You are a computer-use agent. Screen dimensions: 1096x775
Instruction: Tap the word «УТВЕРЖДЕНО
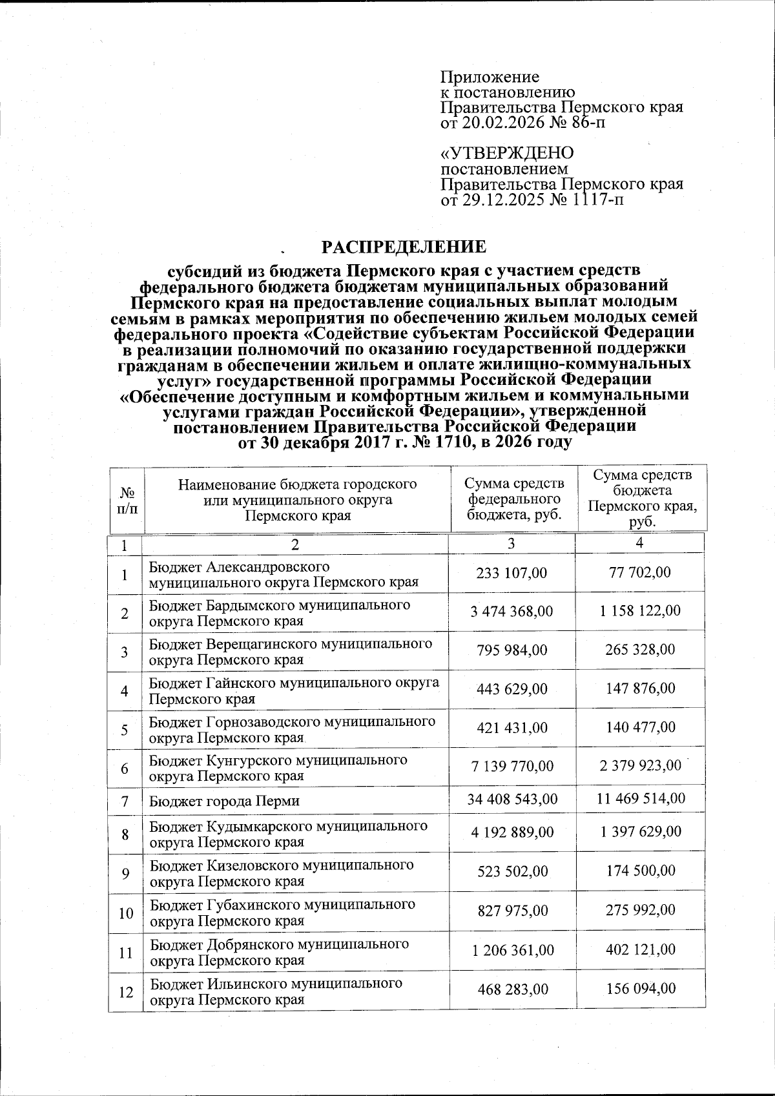[507, 154]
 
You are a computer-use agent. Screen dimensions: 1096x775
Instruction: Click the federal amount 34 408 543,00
[512, 799]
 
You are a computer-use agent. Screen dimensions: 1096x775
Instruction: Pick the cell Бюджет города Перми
[225, 801]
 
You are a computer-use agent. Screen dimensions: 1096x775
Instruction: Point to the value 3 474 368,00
[512, 610]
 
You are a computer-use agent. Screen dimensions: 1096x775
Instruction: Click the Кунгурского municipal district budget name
[278, 767]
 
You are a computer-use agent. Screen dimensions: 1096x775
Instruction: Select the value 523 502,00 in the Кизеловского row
[512, 871]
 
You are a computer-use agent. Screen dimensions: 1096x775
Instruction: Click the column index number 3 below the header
[511, 543]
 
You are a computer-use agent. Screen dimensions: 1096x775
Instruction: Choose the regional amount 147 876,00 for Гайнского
[640, 688]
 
